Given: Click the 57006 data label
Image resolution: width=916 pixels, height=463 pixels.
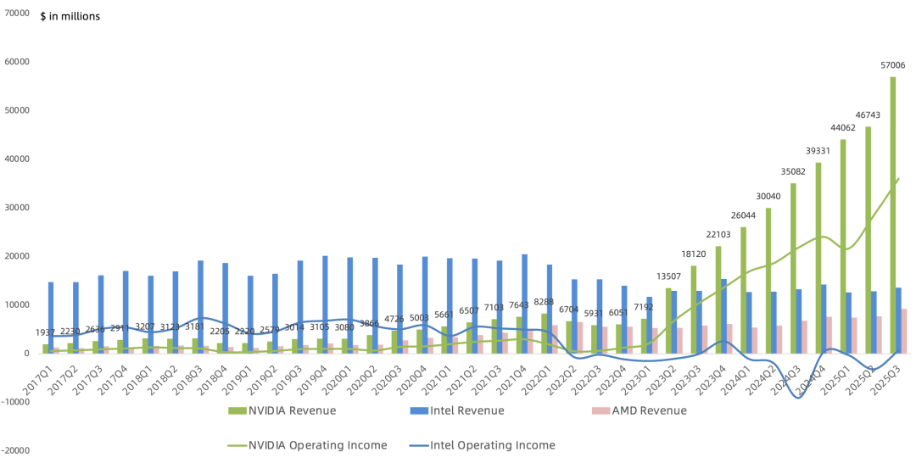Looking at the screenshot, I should point(893,65).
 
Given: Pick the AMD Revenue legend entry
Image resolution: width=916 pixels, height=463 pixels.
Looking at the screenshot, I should point(638,411).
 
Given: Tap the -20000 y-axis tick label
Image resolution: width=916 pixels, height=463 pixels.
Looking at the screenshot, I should point(15,451).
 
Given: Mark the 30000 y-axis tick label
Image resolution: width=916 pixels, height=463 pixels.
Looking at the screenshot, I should point(17,208).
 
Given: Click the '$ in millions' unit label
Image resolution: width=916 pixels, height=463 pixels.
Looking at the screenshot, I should point(70,16).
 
